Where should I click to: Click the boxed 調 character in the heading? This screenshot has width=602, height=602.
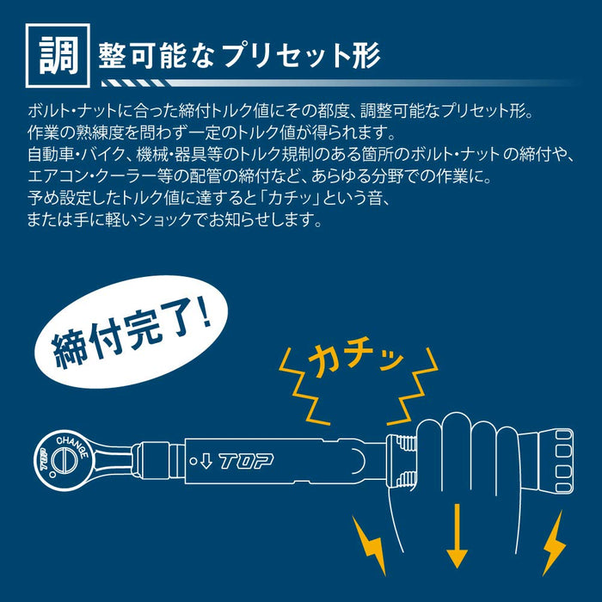pyautogui.click(x=56, y=55)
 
